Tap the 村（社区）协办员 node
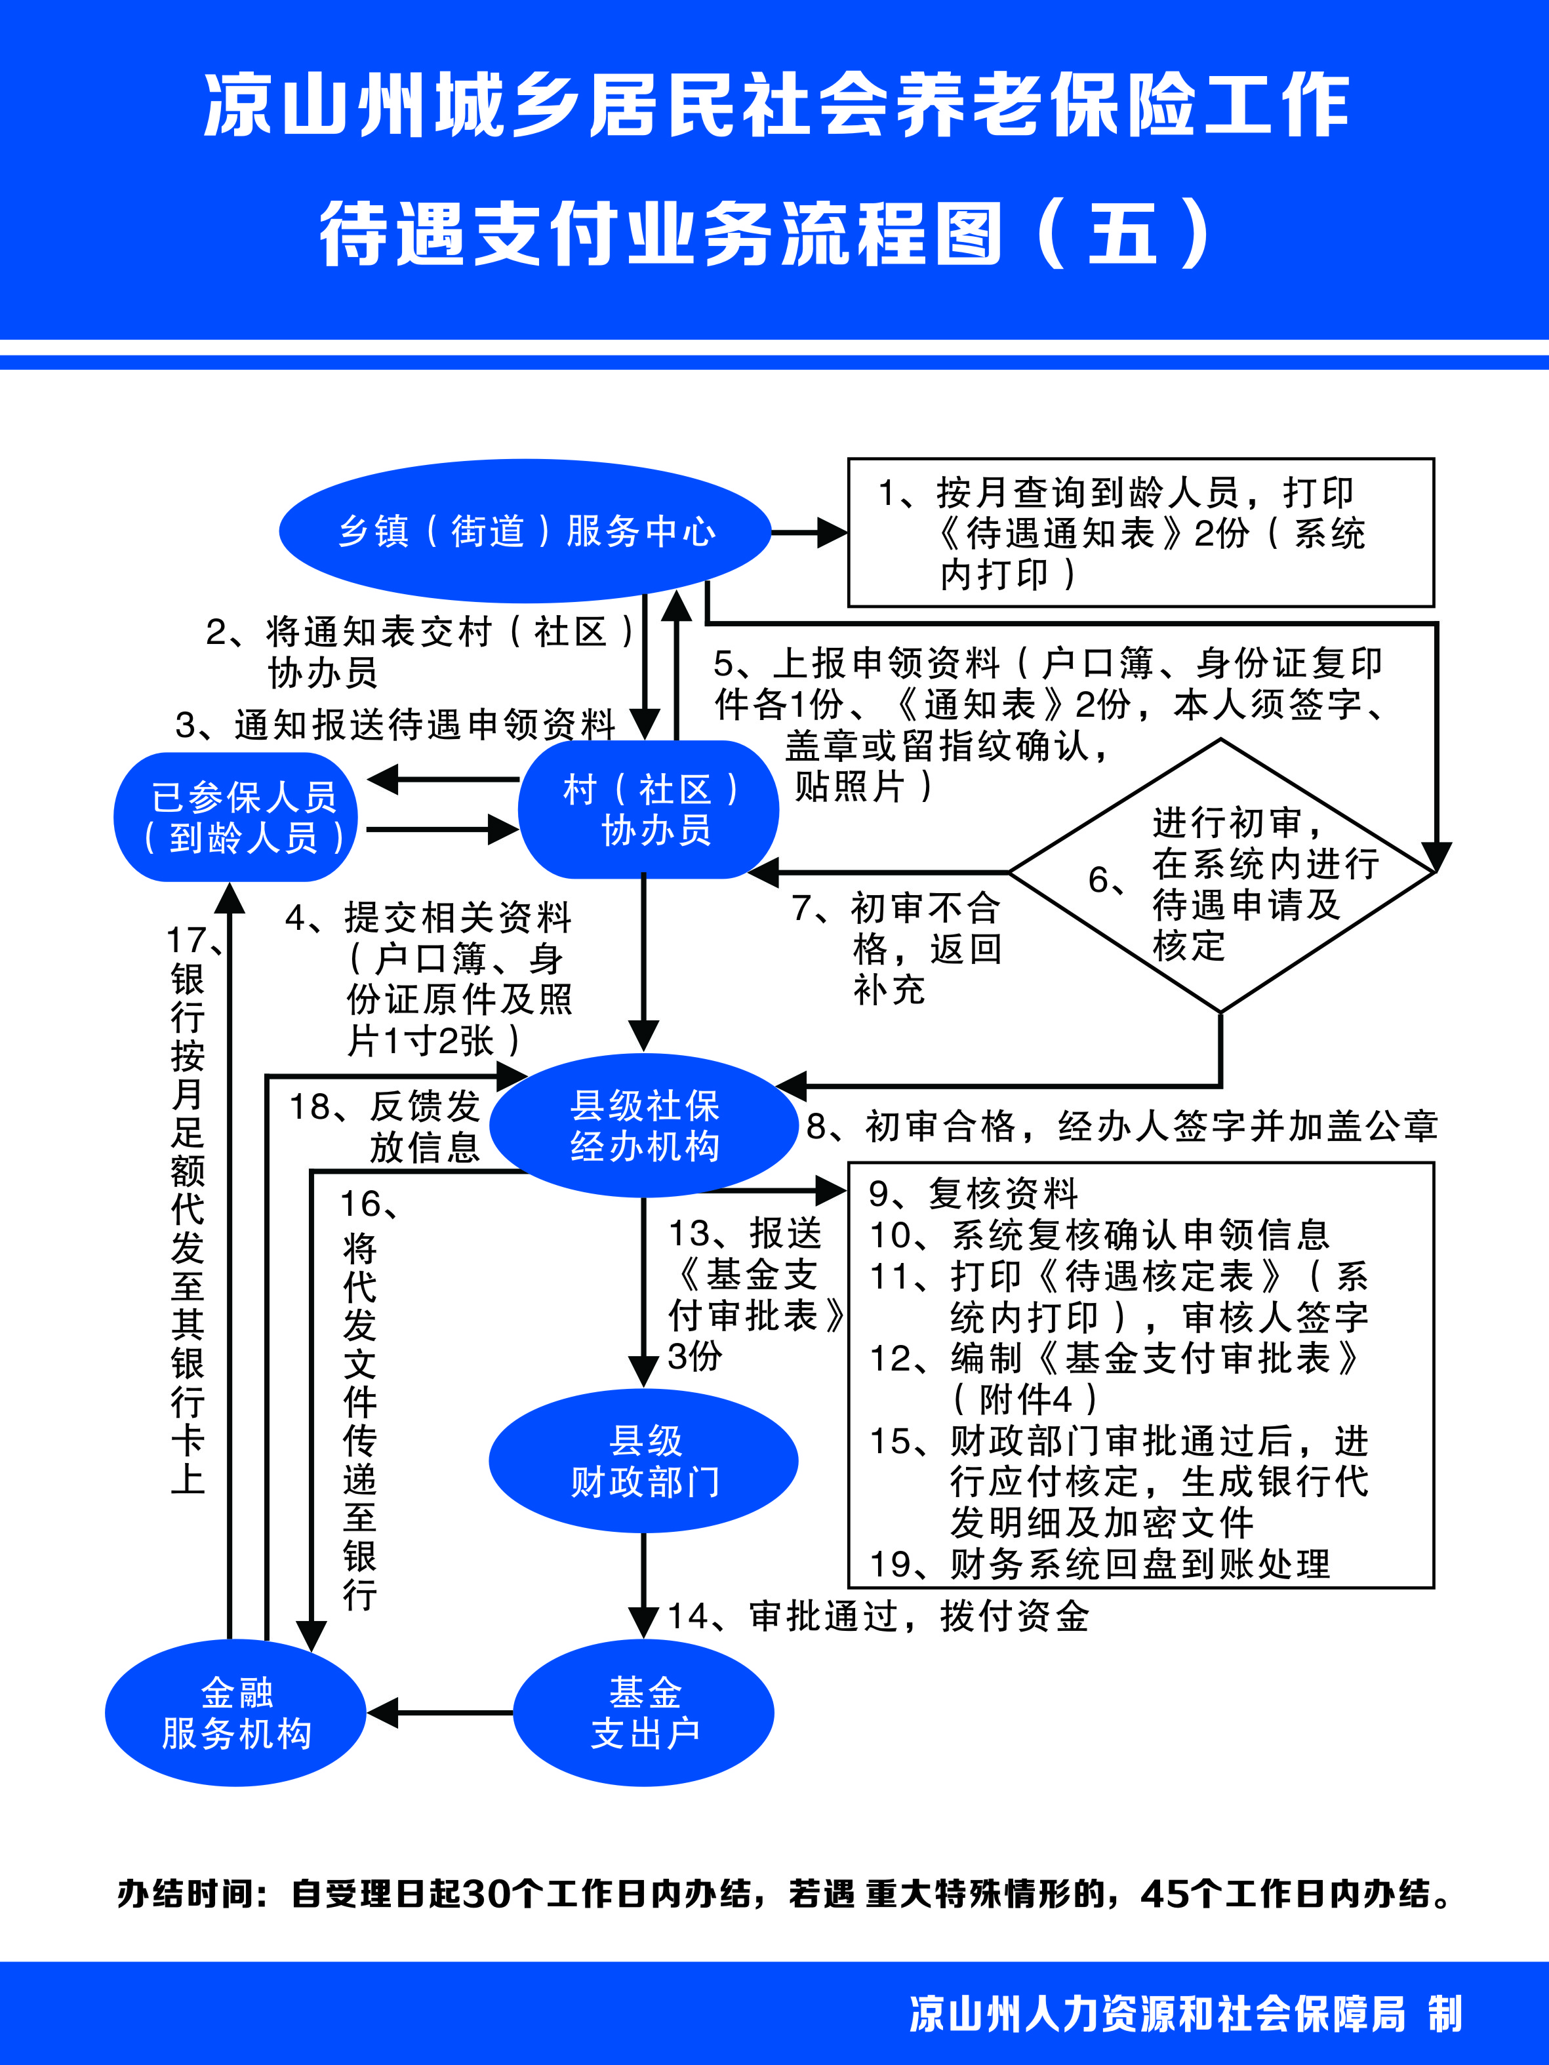(648, 809)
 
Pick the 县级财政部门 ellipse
(644, 1460)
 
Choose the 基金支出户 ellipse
(644, 1713)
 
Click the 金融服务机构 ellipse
(235, 1713)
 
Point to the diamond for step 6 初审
(1221, 875)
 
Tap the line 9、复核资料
(974, 1193)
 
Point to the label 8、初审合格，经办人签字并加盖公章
(1122, 1127)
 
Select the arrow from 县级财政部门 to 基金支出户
(643, 1585)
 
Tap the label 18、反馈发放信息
(386, 1127)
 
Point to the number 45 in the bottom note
(1167, 1894)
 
